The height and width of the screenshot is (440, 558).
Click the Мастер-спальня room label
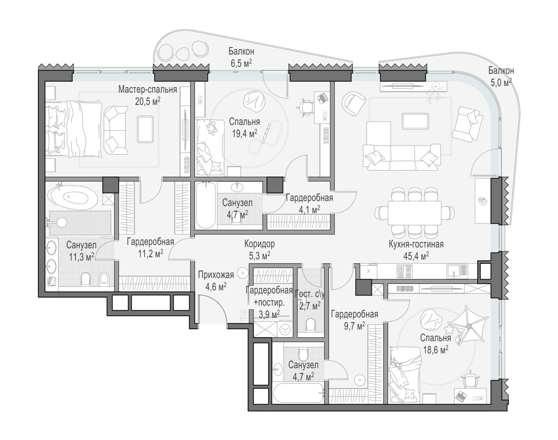pyautogui.click(x=148, y=89)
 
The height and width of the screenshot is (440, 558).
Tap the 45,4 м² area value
pyautogui.click(x=416, y=256)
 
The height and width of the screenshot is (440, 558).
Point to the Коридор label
pyautogui.click(x=260, y=244)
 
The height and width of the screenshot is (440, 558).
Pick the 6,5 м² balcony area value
pyautogui.click(x=241, y=63)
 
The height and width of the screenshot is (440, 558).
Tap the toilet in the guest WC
pyautogui.click(x=311, y=324)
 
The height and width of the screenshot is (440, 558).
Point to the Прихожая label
pyautogui.click(x=216, y=274)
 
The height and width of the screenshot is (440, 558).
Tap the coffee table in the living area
pyautogui.click(x=415, y=121)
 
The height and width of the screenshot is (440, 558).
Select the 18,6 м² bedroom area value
pyautogui.click(x=436, y=350)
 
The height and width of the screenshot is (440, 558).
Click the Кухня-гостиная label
pyautogui.click(x=416, y=244)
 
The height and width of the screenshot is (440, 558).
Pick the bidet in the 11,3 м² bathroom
pyautogui.click(x=104, y=279)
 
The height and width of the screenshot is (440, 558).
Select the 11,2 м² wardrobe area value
pyautogui.click(x=150, y=254)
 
